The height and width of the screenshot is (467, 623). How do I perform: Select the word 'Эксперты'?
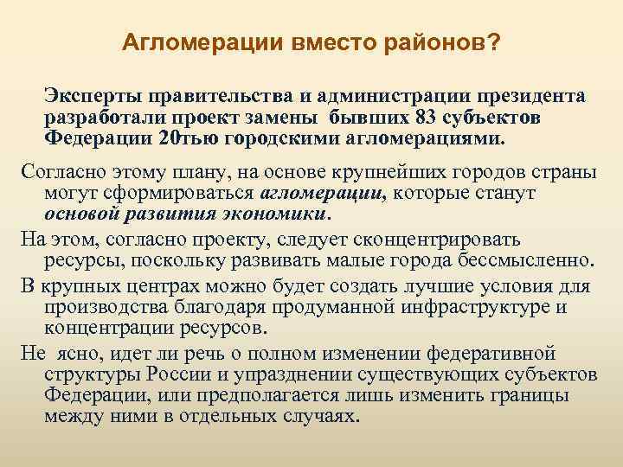point(93,94)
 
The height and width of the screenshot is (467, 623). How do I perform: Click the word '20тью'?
point(189,138)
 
